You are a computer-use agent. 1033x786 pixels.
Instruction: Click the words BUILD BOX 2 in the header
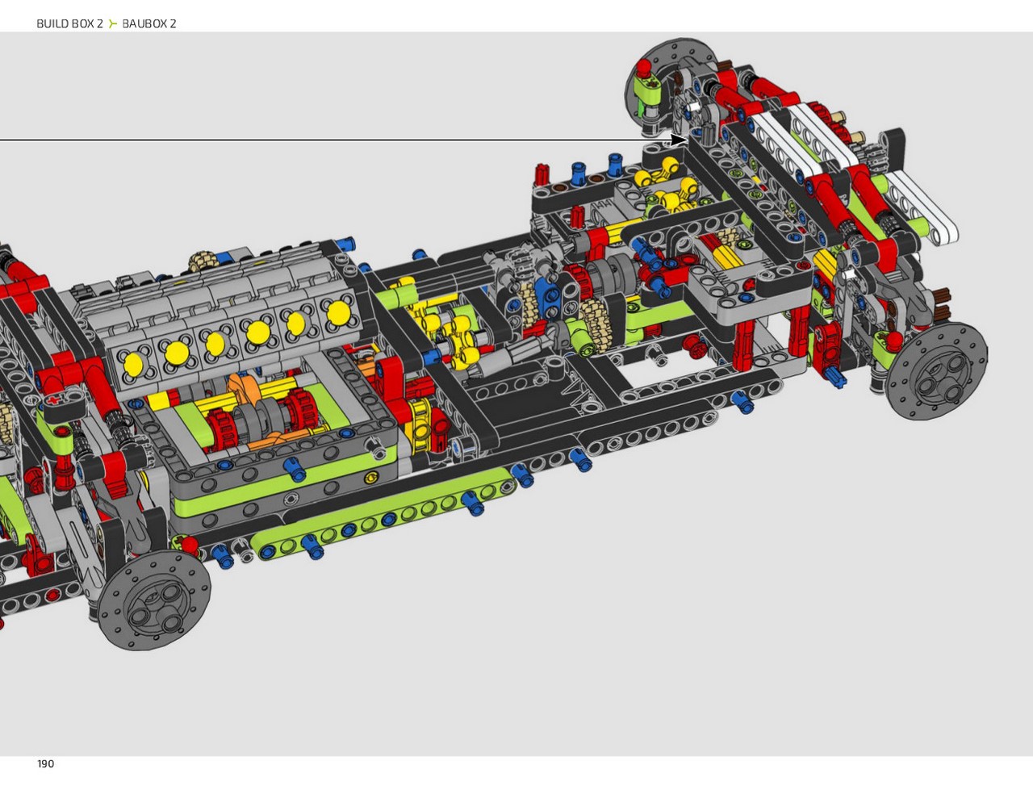point(69,23)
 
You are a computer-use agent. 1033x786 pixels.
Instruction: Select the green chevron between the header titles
point(112,23)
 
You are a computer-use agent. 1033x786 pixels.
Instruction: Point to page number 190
point(46,763)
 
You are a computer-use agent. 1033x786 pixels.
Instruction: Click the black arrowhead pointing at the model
point(679,140)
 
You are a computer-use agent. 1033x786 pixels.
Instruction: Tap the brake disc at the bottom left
point(154,600)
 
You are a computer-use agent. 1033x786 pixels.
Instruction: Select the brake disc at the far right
point(935,371)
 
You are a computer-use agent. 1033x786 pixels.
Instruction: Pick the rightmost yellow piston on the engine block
point(338,313)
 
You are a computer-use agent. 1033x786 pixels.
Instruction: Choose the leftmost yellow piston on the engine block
point(133,364)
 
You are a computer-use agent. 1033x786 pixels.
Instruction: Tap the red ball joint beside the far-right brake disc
point(893,340)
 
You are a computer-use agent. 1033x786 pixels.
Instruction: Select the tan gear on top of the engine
point(199,261)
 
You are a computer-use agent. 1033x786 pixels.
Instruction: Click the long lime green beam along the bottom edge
point(383,512)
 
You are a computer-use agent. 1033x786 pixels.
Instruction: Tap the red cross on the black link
point(56,401)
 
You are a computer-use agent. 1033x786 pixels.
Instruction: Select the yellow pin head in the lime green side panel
point(370,479)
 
